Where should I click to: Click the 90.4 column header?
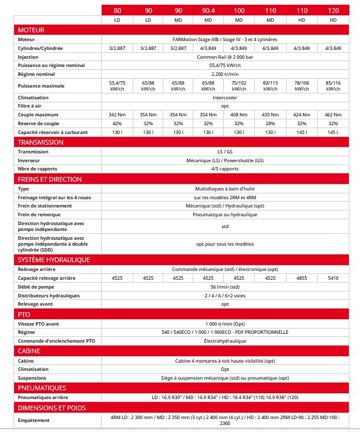[x=208, y=10]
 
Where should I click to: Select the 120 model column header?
[x=333, y=10]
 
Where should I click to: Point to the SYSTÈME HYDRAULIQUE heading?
[x=53, y=259]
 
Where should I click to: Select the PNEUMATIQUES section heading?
[x=42, y=388]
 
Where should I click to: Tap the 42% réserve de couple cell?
[x=117, y=123]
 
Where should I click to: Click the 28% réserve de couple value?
[x=270, y=123]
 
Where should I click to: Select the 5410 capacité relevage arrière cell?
[x=333, y=277]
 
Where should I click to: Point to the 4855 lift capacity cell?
[x=301, y=277]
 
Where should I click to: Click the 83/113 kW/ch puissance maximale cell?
[x=270, y=86]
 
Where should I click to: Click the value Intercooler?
[x=225, y=97]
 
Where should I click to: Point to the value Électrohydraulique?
[x=225, y=341]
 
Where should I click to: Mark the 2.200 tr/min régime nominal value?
[x=225, y=75]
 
